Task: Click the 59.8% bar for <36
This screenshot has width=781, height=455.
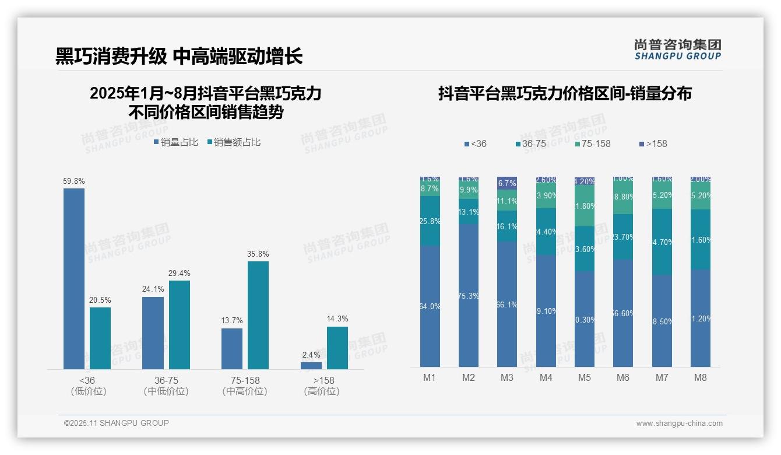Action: (74, 278)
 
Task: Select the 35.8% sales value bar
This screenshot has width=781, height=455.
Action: (258, 315)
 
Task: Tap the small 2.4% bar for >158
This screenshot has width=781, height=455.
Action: (311, 366)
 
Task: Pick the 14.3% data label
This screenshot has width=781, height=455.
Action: (337, 319)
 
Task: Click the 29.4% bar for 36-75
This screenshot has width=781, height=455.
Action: (180, 325)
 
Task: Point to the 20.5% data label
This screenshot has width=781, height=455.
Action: (100, 300)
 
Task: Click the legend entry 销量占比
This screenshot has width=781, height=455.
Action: (176, 142)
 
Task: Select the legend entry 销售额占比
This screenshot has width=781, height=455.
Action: (234, 142)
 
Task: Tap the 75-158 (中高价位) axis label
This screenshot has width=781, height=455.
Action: (245, 386)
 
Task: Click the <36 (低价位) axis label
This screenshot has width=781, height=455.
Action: (88, 386)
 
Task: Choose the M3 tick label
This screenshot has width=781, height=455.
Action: (507, 377)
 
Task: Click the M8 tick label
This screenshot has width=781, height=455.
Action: (701, 377)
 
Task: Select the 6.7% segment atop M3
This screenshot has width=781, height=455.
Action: (507, 183)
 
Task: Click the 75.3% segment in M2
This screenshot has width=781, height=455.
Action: (469, 295)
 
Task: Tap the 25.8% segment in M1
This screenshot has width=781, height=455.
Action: (430, 221)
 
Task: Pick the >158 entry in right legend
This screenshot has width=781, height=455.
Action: (653, 143)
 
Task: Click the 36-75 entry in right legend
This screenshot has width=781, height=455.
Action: (530, 143)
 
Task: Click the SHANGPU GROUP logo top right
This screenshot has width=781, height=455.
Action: (678, 50)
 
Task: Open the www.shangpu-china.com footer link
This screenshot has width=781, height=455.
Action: (679, 423)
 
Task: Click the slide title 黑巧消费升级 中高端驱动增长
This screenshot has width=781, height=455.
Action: (179, 57)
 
